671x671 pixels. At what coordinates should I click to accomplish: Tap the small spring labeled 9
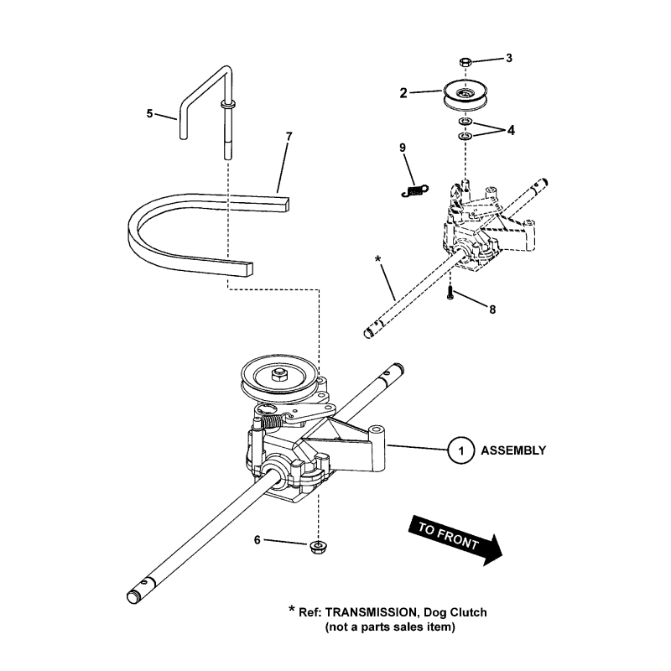point(414,190)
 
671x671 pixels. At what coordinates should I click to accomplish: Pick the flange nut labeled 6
point(318,547)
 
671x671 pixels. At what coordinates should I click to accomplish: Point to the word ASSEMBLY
point(512,450)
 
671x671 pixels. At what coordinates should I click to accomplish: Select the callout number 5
point(150,113)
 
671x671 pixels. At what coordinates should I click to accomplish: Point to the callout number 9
point(403,148)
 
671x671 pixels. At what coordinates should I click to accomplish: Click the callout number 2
point(403,93)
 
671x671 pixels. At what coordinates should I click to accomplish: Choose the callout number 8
point(492,309)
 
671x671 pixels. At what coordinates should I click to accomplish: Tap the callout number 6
point(257,541)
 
